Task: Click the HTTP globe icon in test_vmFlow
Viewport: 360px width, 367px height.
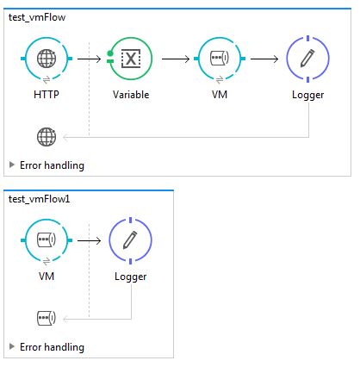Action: coord(47,59)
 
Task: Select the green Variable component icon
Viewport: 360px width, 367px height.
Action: coord(131,59)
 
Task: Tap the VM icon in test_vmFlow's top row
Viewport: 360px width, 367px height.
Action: coord(219,59)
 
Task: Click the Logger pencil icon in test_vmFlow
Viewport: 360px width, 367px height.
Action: coord(307,59)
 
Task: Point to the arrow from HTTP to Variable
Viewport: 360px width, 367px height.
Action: coord(88,59)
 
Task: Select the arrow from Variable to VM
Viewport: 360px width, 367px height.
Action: coord(176,59)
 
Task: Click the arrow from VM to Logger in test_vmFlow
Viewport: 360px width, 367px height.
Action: coord(263,59)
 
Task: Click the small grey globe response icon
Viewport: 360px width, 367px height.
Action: coord(47,135)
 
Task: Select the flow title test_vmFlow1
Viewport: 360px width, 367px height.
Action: coord(38,198)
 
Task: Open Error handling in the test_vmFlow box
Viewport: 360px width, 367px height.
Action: coord(51,165)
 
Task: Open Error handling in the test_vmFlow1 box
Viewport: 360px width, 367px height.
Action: coord(51,346)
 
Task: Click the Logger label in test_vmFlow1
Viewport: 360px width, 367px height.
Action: coord(131,277)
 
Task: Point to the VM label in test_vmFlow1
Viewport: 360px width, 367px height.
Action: coord(47,277)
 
